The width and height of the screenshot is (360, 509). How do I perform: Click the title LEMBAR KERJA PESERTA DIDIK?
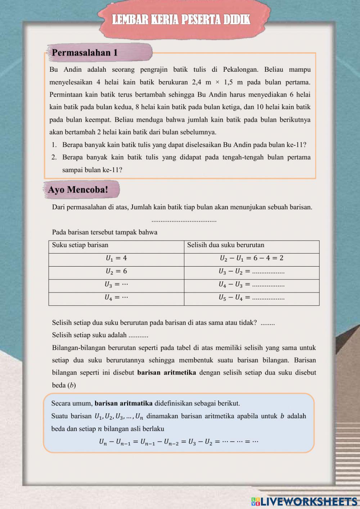(x=181, y=19)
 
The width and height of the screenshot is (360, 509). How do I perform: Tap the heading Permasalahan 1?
(x=85, y=53)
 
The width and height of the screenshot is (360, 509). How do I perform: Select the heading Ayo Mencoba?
(x=78, y=190)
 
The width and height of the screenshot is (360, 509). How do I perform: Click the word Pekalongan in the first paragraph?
(x=240, y=70)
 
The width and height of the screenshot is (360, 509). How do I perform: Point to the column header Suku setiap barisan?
(x=80, y=245)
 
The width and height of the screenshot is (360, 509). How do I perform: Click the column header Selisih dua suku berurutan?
(x=226, y=245)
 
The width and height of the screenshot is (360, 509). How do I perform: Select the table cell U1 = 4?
(x=116, y=258)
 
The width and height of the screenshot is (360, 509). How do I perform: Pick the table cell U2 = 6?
(x=116, y=271)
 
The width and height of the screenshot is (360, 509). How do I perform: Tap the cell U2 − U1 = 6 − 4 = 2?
(x=251, y=258)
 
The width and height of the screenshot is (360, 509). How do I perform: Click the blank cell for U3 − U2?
(x=268, y=272)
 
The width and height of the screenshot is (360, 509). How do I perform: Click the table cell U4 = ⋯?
(x=116, y=298)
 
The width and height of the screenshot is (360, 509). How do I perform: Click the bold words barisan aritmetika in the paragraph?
(x=167, y=372)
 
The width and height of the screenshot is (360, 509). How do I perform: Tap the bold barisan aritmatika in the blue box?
(x=123, y=403)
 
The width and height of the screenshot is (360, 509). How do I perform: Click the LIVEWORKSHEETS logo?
(x=304, y=501)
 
